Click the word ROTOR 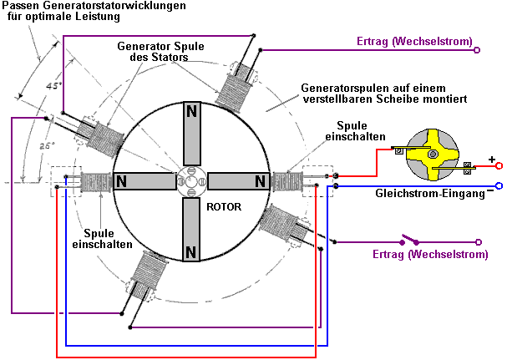pyautogui.click(x=224, y=206)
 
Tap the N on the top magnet pyautogui.click(x=192, y=112)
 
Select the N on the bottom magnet pyautogui.click(x=191, y=251)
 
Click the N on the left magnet pyautogui.click(x=122, y=181)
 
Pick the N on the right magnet pyautogui.click(x=260, y=181)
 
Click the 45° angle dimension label pyautogui.click(x=53, y=86)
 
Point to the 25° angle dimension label pyautogui.click(x=47, y=146)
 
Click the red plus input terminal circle pyautogui.click(x=499, y=166)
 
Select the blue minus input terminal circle pyautogui.click(x=499, y=185)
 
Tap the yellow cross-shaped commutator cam pyautogui.click(x=433, y=155)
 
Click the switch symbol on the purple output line pyautogui.click(x=409, y=240)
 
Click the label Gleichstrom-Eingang pyautogui.click(x=430, y=194)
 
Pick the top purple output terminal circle pyautogui.click(x=477, y=50)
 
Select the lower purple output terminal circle pyautogui.click(x=479, y=242)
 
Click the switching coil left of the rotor pyautogui.click(x=96, y=182)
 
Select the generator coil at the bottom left pyautogui.click(x=146, y=275)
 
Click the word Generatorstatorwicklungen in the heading pyautogui.click(x=112, y=6)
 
